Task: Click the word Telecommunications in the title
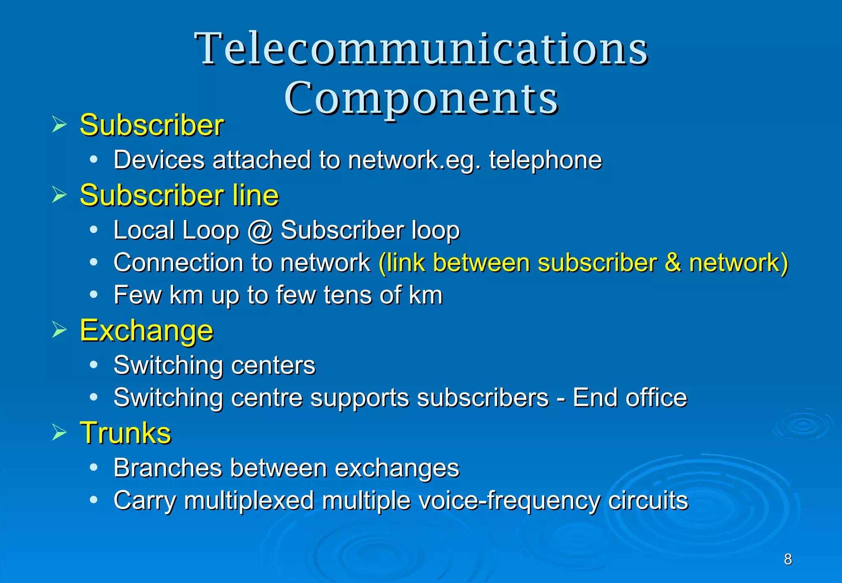421,49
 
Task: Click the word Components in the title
421,99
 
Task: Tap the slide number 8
788,559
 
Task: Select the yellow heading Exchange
147,331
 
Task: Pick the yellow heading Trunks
125,433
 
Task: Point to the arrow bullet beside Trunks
59,433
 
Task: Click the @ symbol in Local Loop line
260,230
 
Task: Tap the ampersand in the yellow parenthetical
673,262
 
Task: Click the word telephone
545,160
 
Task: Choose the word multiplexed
249,501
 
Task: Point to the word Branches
167,468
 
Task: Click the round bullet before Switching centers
94,365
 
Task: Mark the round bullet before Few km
94,294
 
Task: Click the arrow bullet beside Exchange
59,330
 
